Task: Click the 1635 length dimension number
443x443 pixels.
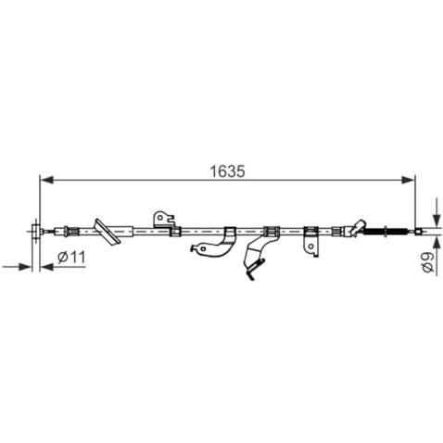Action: tap(227, 171)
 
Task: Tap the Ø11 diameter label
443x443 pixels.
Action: tap(71, 257)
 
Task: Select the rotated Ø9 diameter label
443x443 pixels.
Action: tap(428, 262)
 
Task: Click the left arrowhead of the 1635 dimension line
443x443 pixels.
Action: tap(47, 180)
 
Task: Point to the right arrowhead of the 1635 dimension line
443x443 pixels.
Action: tap(407, 180)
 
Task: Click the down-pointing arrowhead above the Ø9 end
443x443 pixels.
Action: tap(437, 220)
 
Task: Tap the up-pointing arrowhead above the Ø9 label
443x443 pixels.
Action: tap(437, 243)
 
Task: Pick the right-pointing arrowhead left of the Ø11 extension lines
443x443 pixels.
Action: tap(25, 267)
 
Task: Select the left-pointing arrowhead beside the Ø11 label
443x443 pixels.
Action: tap(47, 267)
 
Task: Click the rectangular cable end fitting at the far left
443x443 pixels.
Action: tap(36, 231)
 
